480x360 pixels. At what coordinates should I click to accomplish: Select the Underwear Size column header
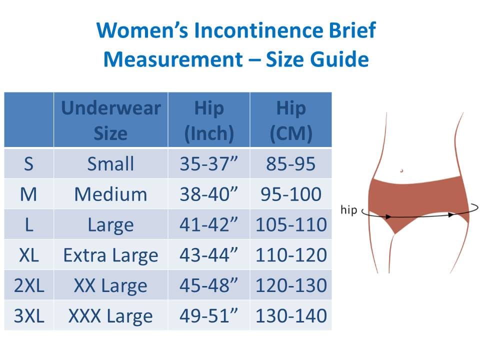tap(111, 120)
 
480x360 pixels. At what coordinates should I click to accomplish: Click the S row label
tap(29, 163)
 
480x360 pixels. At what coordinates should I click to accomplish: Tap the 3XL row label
tap(29, 315)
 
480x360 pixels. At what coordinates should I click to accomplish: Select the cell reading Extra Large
tap(111, 255)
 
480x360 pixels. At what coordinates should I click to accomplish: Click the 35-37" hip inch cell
tap(209, 163)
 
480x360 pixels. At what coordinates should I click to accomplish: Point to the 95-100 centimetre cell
tap(291, 194)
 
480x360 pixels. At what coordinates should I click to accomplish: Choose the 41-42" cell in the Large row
tap(209, 224)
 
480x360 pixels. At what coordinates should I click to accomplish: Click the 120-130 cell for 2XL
tap(291, 285)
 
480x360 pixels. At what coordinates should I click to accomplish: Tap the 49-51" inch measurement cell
tap(209, 315)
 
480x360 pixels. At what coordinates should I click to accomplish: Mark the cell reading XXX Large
tap(111, 316)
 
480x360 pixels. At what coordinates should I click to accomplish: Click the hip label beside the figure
tap(348, 209)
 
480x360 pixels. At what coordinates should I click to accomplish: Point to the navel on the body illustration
tap(401, 170)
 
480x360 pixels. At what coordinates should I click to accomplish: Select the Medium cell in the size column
tap(111, 194)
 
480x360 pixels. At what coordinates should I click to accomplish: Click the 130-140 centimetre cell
tap(291, 315)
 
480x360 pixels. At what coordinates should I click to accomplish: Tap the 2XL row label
tap(29, 285)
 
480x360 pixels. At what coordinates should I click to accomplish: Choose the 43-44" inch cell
tap(209, 255)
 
